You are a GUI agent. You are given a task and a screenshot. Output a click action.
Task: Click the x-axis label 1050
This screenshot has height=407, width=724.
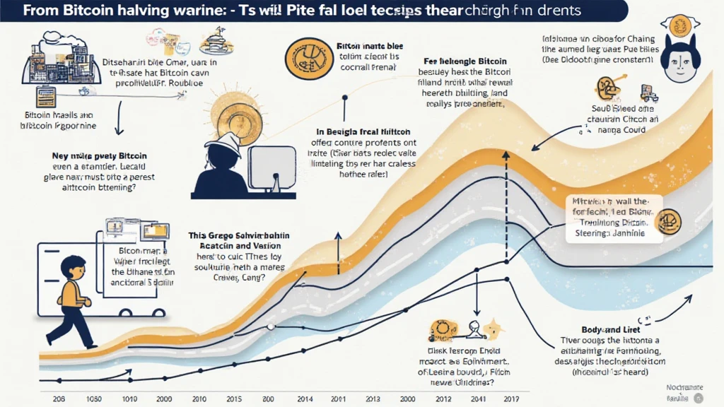(93, 398)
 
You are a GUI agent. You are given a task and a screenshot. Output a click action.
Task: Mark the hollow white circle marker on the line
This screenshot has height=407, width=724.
(271, 326)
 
